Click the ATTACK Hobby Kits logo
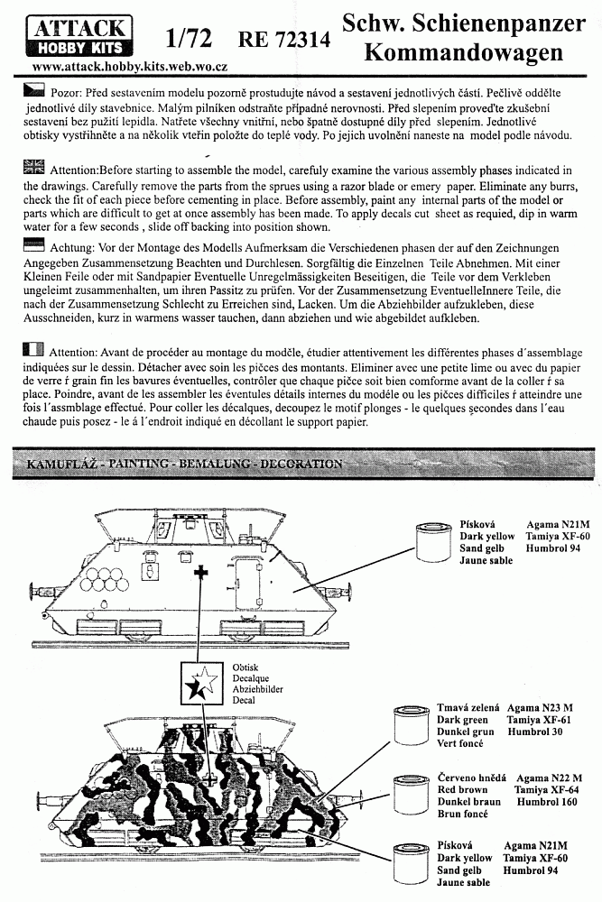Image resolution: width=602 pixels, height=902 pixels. pyautogui.click(x=80, y=37)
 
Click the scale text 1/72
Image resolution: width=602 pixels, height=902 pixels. pyautogui.click(x=188, y=39)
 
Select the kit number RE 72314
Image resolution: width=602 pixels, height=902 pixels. pyautogui.click(x=284, y=39)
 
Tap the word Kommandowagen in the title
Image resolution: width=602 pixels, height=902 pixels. pyautogui.click(x=463, y=52)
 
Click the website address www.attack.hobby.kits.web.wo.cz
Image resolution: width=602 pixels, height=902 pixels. pyautogui.click(x=130, y=67)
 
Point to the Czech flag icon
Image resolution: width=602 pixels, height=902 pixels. pyautogui.click(x=33, y=90)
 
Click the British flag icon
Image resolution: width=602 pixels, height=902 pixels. pyautogui.click(x=33, y=168)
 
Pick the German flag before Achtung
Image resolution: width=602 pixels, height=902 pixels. pyautogui.click(x=33, y=245)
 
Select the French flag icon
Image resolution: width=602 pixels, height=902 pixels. pyautogui.click(x=33, y=349)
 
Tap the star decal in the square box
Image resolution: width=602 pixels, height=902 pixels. pyautogui.click(x=201, y=683)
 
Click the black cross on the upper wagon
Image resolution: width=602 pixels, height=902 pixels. pyautogui.click(x=201, y=572)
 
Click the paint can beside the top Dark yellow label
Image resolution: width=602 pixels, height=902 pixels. pyautogui.click(x=434, y=541)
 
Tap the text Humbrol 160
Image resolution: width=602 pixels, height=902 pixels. pyautogui.click(x=547, y=802)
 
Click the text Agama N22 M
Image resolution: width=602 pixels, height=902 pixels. pyautogui.click(x=549, y=778)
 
